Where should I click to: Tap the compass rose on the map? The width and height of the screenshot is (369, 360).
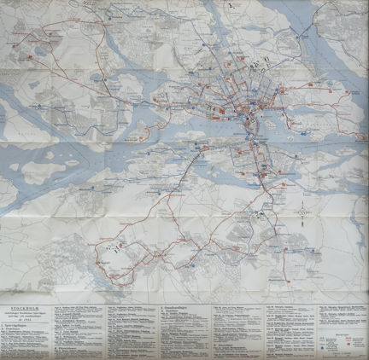point(303,211)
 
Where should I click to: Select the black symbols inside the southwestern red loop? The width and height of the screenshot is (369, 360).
point(114,248)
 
